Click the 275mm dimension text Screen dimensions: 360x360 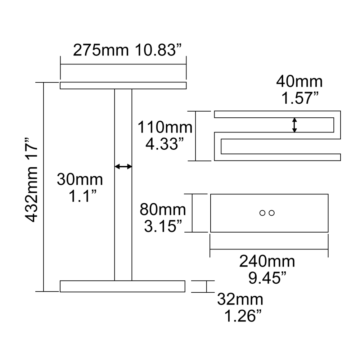coord(101,50)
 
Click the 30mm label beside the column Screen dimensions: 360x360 coord(80,179)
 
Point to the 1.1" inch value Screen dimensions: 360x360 coord(83,197)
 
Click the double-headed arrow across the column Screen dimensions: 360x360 coord(123,166)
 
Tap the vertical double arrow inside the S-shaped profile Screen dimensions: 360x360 coord(294,125)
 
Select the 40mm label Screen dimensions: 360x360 coord(300,82)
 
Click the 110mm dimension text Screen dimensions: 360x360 coord(165,127)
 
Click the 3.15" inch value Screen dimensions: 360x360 coord(163,226)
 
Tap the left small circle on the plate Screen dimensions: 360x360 coord(262,213)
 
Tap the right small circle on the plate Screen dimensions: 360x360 coord(272,213)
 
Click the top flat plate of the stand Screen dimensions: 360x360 coord(123,86)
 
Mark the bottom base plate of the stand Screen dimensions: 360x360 coord(122,286)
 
